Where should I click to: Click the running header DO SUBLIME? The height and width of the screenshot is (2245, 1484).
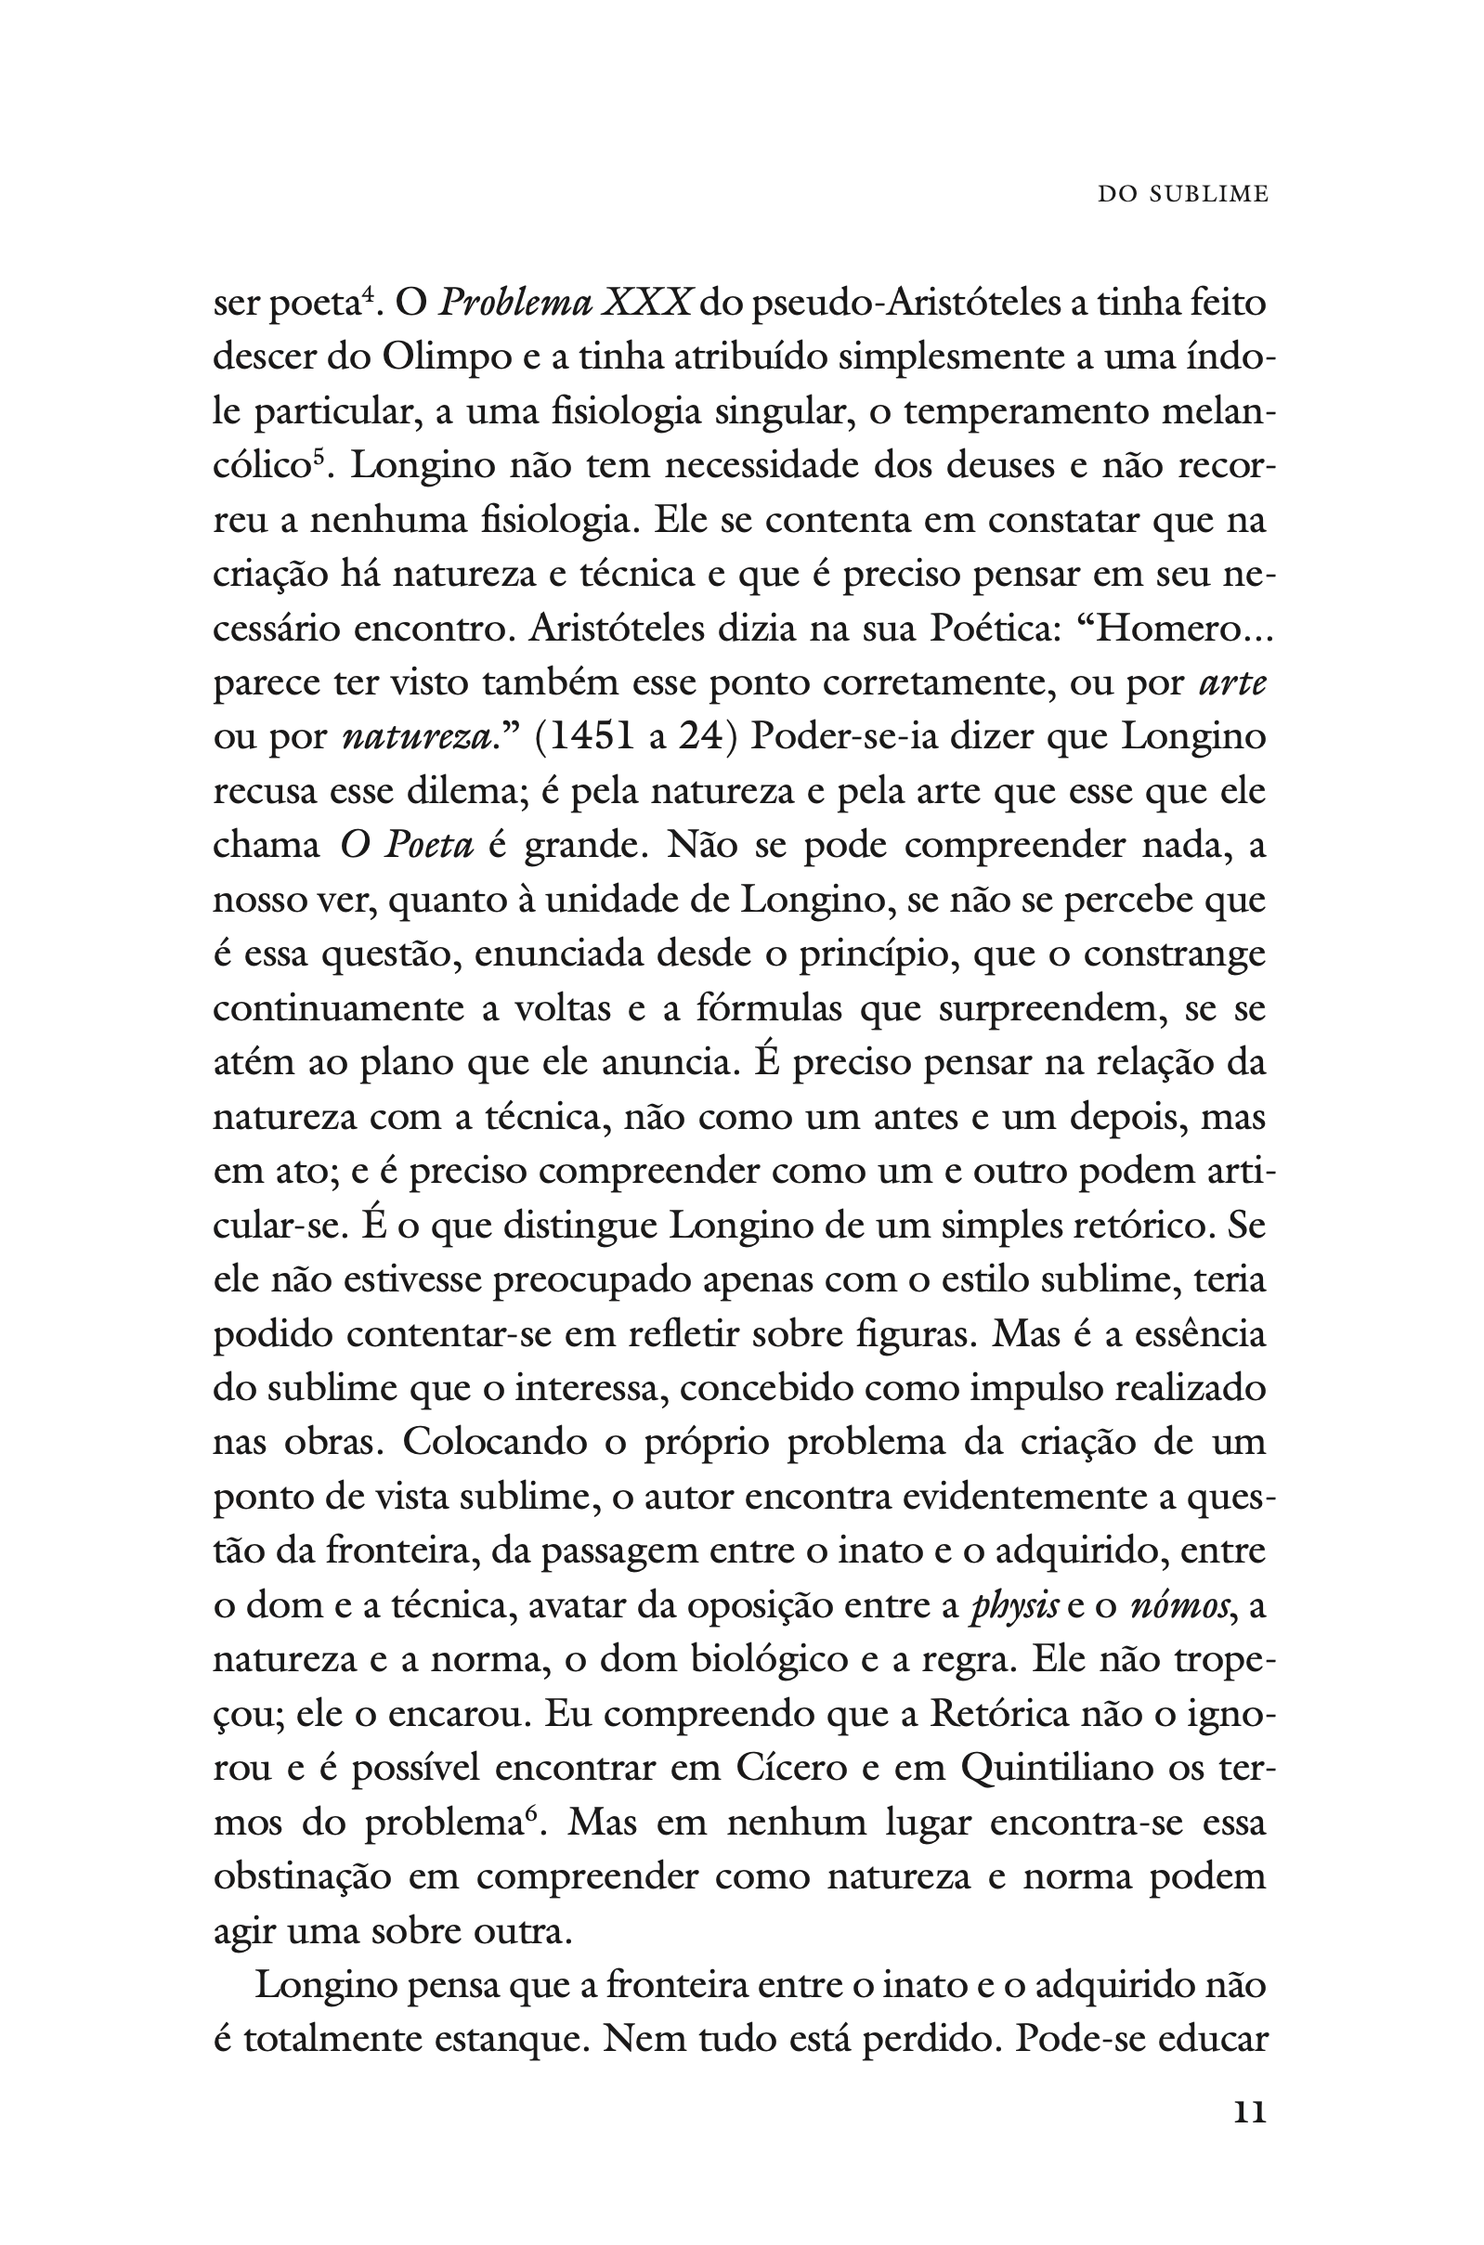tap(1182, 194)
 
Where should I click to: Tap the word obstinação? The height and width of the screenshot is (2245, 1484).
tap(302, 1876)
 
